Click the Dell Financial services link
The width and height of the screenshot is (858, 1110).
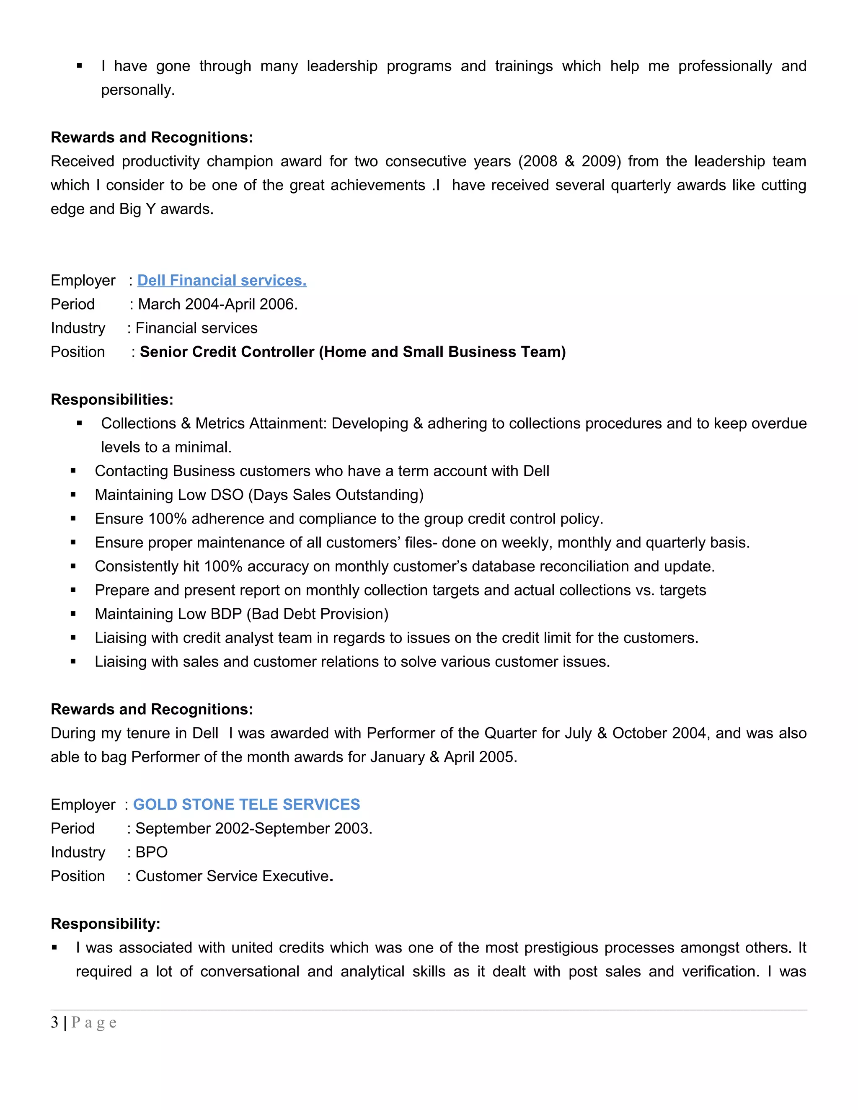click(222, 280)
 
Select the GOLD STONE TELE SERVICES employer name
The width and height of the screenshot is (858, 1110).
click(246, 804)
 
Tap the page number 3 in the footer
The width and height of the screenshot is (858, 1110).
click(54, 1022)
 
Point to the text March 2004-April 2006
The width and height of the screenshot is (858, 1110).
click(217, 304)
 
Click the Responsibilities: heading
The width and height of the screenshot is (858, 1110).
click(112, 400)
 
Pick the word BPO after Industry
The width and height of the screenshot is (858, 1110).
click(152, 852)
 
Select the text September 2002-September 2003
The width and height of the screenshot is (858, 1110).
click(253, 828)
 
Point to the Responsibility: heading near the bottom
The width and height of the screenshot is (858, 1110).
click(105, 924)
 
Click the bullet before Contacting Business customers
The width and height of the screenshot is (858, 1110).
click(73, 471)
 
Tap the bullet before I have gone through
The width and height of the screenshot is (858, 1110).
click(79, 66)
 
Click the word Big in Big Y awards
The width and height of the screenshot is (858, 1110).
click(131, 209)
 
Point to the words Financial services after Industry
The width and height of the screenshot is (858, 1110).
click(196, 328)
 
